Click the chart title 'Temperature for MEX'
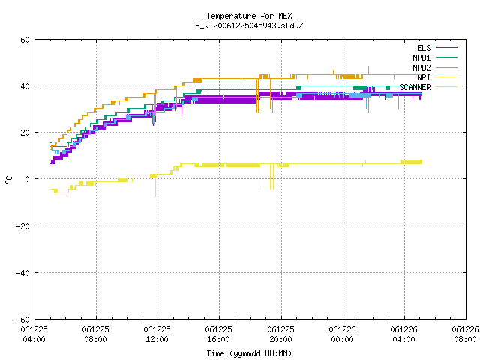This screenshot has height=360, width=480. pyautogui.click(x=249, y=16)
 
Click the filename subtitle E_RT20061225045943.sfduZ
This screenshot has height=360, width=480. pyautogui.click(x=249, y=25)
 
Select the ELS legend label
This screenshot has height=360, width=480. pyautogui.click(x=424, y=48)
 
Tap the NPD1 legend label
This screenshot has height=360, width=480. pyautogui.click(x=421, y=58)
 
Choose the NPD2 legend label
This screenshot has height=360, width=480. pyautogui.click(x=421, y=67)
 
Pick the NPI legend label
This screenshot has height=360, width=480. pyautogui.click(x=424, y=77)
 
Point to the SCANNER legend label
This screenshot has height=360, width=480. pyautogui.click(x=415, y=87)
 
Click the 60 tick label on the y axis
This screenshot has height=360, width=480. pyautogui.click(x=25, y=40)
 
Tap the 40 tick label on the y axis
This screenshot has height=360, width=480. pyautogui.click(x=25, y=86)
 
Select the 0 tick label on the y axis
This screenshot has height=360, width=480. pyautogui.click(x=28, y=179)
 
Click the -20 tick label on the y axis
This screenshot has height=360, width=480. pyautogui.click(x=23, y=226)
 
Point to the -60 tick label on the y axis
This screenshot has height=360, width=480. pyautogui.click(x=23, y=319)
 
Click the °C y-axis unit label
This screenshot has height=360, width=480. pyautogui.click(x=8, y=180)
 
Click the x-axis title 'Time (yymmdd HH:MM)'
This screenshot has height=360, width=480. pyautogui.click(x=249, y=353)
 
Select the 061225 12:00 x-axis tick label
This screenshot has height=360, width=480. pyautogui.click(x=157, y=334)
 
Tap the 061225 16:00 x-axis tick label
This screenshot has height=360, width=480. pyautogui.click(x=219, y=334)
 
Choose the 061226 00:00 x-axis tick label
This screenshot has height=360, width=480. pyautogui.click(x=343, y=334)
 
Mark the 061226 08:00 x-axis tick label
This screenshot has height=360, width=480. pyautogui.click(x=465, y=334)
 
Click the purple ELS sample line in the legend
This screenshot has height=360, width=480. pyautogui.click(x=446, y=48)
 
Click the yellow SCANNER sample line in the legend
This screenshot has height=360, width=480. pyautogui.click(x=446, y=87)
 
